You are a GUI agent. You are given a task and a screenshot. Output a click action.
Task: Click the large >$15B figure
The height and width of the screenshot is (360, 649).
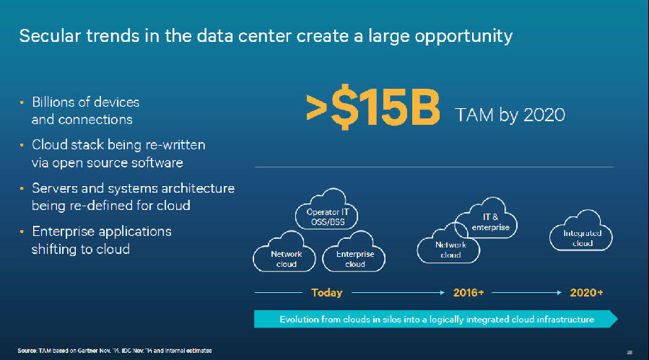(x=373, y=107)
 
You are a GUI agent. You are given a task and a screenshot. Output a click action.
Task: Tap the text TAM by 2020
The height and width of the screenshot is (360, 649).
(x=510, y=115)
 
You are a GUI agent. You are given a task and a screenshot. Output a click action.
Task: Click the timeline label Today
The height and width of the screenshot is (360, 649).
(x=326, y=293)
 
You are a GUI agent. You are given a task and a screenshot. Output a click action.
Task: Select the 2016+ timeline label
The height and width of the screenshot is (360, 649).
(x=468, y=293)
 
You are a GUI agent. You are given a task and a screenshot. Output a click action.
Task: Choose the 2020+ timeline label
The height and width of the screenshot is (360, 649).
(x=586, y=293)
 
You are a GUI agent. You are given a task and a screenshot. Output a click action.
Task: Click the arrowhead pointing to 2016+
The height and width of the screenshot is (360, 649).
(x=443, y=293)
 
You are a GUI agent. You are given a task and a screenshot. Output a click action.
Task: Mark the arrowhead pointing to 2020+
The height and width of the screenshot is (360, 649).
(x=559, y=293)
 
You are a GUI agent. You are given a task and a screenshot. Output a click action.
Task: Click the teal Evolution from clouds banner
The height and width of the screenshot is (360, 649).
(x=436, y=319)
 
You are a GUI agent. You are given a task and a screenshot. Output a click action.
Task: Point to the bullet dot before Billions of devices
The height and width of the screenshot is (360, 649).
(x=22, y=102)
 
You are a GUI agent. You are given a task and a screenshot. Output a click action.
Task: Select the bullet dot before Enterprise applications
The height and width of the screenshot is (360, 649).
(x=22, y=232)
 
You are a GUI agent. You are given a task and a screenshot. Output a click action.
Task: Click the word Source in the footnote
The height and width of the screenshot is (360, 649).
(x=27, y=351)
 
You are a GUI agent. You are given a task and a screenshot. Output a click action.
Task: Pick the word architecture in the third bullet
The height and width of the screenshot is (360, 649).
(x=198, y=188)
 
